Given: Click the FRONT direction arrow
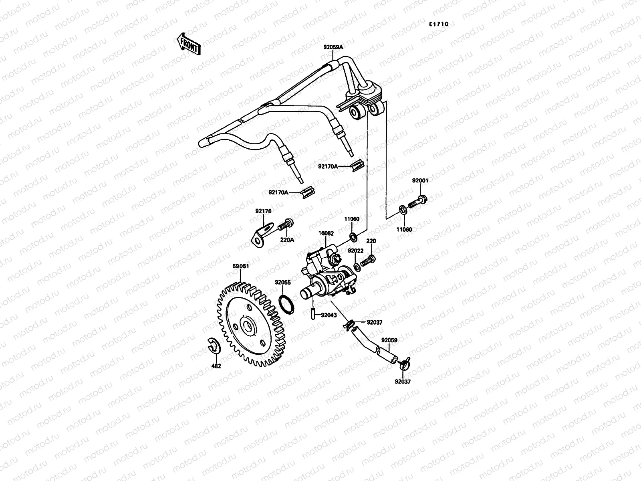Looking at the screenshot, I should point(187,44).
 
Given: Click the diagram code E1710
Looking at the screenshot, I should point(439,24).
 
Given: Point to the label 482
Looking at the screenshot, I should point(216,366).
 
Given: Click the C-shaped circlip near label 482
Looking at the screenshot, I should point(215,346).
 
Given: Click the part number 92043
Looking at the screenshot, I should point(329,315).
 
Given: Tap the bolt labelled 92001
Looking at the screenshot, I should point(417,200).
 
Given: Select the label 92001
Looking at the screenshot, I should point(420,181).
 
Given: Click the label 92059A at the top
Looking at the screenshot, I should point(333,47).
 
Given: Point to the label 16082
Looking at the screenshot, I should point(324,232).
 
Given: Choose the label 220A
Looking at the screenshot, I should point(287,240).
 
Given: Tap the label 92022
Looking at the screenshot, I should point(355,251).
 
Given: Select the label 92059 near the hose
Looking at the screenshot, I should point(389,340).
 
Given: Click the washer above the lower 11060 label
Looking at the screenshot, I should point(403,210).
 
